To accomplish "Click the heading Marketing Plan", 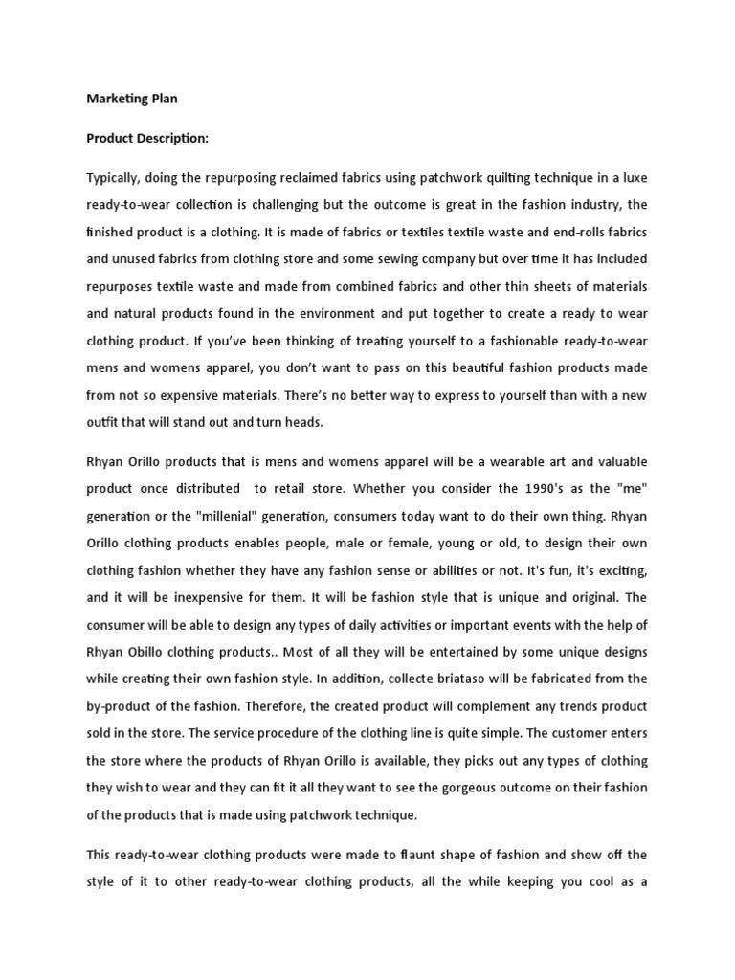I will pos(132,98).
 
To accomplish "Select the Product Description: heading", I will pos(147,138).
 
